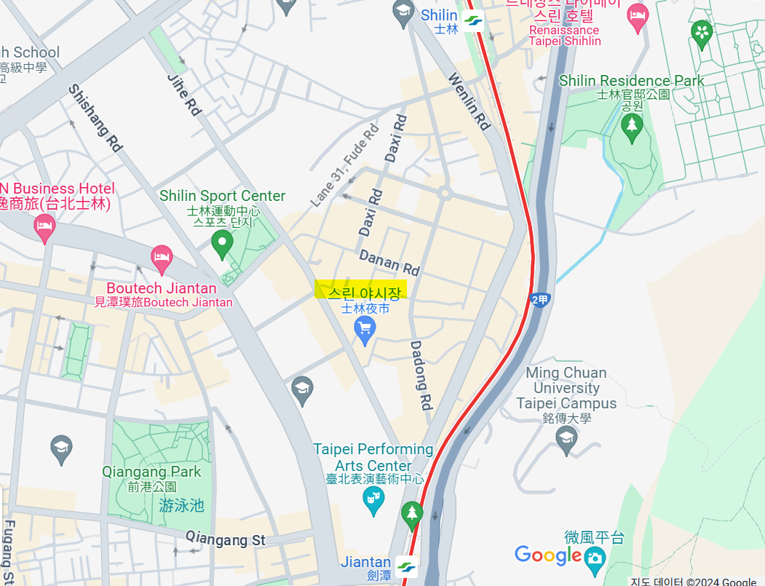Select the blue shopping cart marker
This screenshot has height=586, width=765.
[x=364, y=330]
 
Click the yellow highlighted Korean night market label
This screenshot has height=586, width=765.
[x=361, y=290]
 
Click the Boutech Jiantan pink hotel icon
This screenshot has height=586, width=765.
[x=161, y=256]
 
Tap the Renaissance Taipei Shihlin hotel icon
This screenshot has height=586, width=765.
[x=638, y=15]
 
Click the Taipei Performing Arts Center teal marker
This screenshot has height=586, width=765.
[x=373, y=500]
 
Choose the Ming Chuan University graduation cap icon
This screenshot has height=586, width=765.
[x=566, y=438]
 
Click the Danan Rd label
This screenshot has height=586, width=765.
[x=389, y=263]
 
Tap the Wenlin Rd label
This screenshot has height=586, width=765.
[x=468, y=101]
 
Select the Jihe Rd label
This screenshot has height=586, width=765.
[x=184, y=95]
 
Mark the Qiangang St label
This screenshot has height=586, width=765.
[x=226, y=539]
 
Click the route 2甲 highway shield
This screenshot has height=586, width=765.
[x=539, y=300]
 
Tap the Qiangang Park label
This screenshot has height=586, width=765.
[x=151, y=472]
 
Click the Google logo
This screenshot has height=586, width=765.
[x=548, y=555]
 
